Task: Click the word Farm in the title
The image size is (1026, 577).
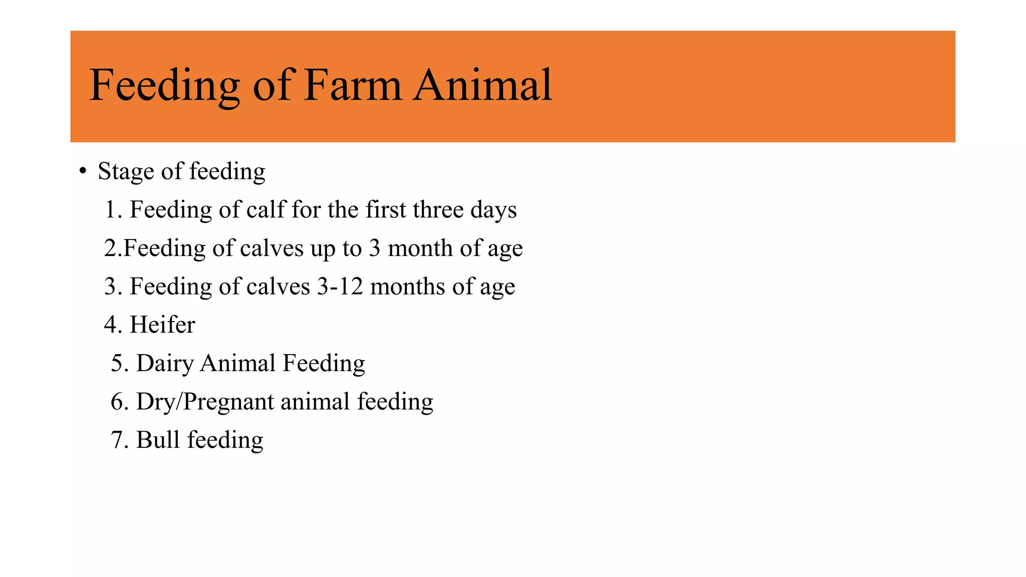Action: (353, 85)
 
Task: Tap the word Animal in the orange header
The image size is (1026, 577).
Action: (482, 85)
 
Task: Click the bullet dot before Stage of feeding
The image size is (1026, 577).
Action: (83, 171)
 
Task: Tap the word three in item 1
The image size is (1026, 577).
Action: (438, 209)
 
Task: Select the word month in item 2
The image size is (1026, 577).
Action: (420, 248)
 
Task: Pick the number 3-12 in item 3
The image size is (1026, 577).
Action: (340, 286)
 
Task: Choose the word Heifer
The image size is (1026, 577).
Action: (162, 325)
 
